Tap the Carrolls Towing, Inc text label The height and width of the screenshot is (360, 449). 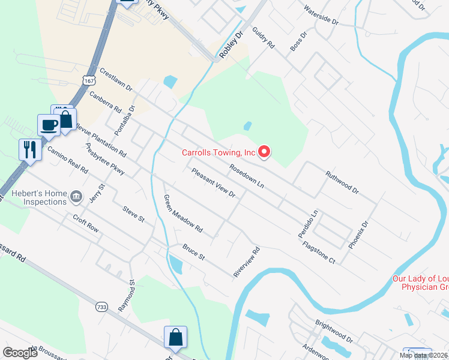[219, 153]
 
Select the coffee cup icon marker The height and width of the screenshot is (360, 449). [49, 125]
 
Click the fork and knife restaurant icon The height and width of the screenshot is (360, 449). [29, 148]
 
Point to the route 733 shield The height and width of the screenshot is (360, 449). [100, 307]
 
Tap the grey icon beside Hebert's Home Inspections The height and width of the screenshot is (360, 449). [76, 196]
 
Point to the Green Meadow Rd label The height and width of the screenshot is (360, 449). [183, 214]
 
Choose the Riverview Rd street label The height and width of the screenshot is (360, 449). [246, 262]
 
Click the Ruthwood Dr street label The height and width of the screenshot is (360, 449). [342, 182]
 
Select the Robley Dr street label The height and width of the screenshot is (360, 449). [230, 44]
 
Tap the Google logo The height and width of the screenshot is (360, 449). [20, 352]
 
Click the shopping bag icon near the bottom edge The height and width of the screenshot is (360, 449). [175, 338]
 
